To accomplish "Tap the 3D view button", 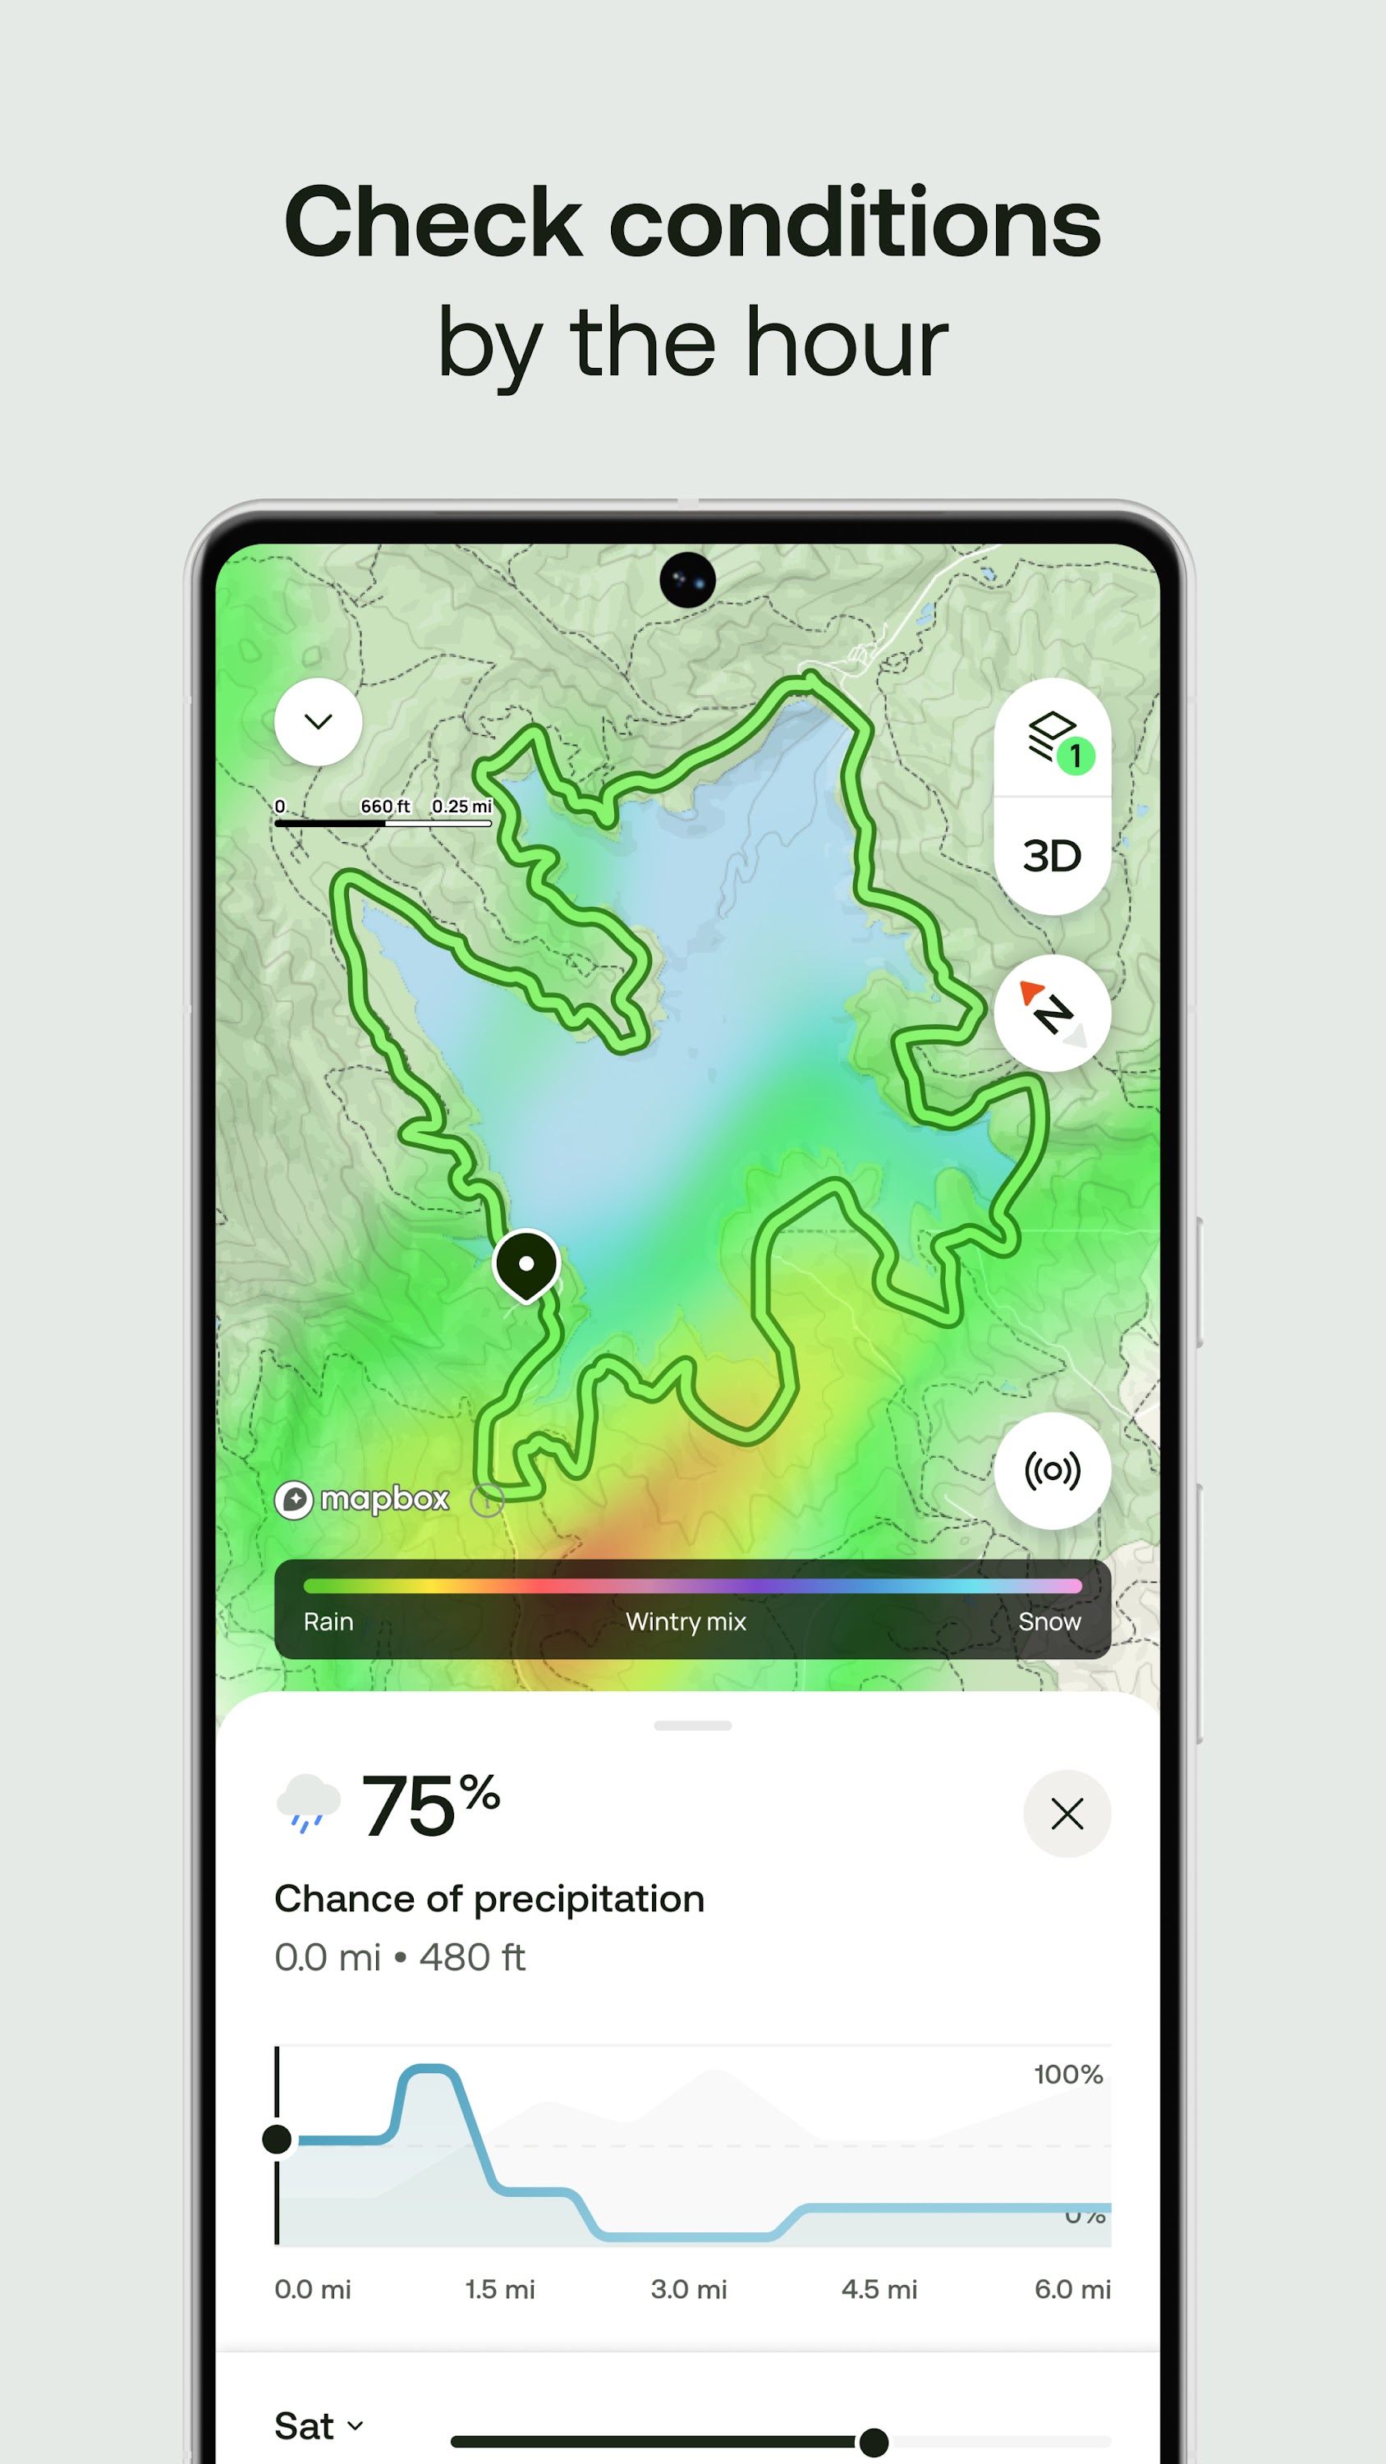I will pyautogui.click(x=1051, y=856).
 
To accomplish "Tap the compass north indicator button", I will pyautogui.click(x=1052, y=1012).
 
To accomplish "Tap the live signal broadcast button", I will pyautogui.click(x=1052, y=1470).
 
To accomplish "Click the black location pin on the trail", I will pyautogui.click(x=525, y=1263).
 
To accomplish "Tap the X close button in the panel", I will pyautogui.click(x=1067, y=1814).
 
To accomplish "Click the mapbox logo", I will pyautogui.click(x=363, y=1499).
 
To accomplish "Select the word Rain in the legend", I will pyautogui.click(x=328, y=1621).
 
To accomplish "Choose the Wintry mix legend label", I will pyautogui.click(x=686, y=1621).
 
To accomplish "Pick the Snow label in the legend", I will pyautogui.click(x=1049, y=1621).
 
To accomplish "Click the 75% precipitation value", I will pyautogui.click(x=429, y=1805).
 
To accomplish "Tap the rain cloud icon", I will pyautogui.click(x=308, y=1803).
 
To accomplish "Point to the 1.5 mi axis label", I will pyautogui.click(x=499, y=2289).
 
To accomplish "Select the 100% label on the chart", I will pyautogui.click(x=1068, y=2075).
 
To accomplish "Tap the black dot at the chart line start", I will pyautogui.click(x=278, y=2139).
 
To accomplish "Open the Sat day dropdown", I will pyautogui.click(x=319, y=2425).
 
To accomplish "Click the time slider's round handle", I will pyautogui.click(x=874, y=2442).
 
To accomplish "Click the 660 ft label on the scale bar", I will pyautogui.click(x=384, y=807).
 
